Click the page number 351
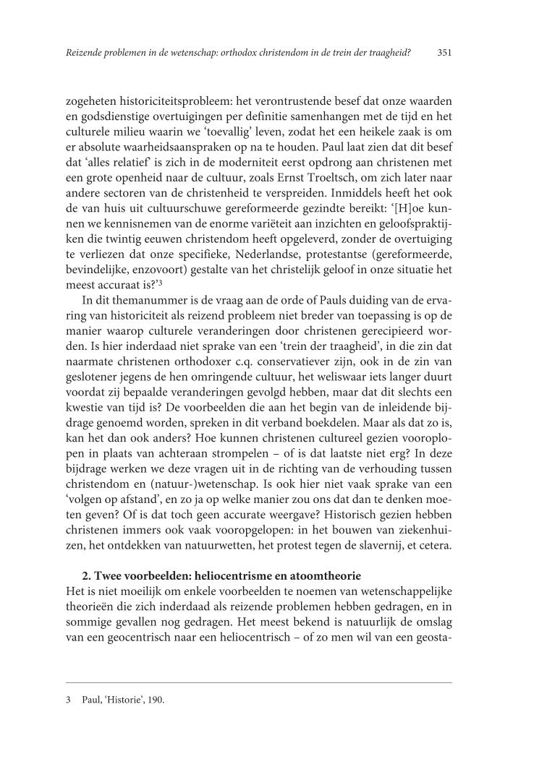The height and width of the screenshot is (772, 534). coord(445,53)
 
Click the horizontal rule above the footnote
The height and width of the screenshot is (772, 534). coord(258,682)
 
